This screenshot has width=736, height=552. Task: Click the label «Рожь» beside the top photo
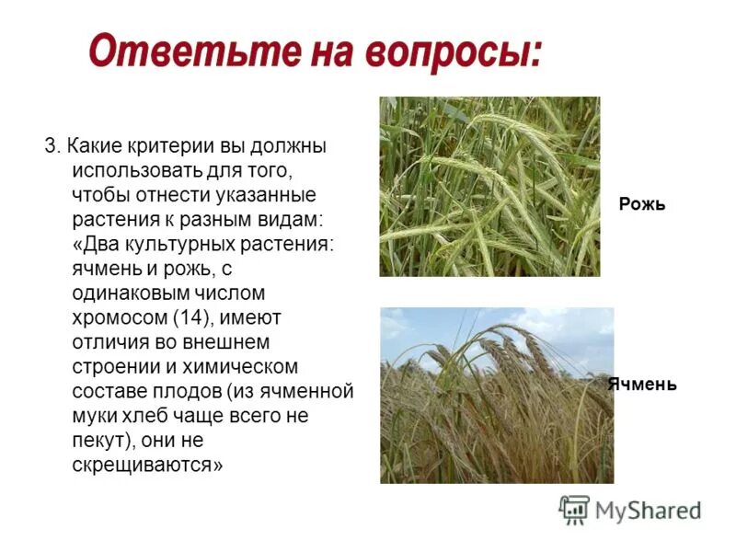[641, 204]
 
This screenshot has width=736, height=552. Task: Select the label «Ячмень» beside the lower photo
[641, 385]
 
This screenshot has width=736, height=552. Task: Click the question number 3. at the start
[52, 146]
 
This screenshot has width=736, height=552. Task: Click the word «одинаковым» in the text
[132, 293]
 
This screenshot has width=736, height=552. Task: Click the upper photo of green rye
[489, 186]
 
